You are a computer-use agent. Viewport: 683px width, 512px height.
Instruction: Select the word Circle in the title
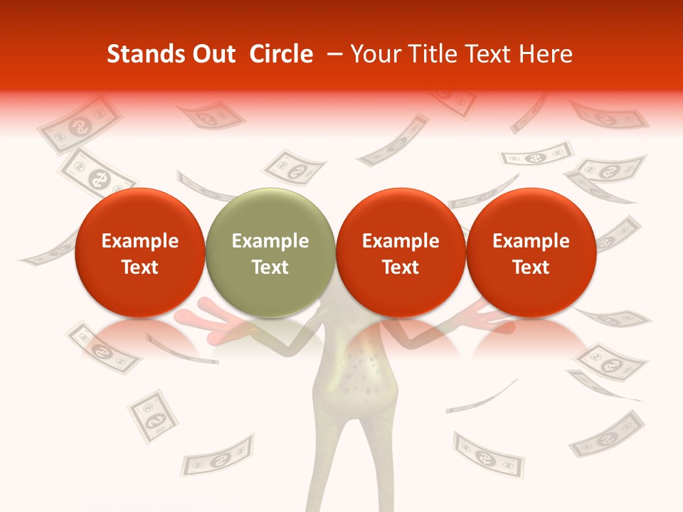(x=281, y=54)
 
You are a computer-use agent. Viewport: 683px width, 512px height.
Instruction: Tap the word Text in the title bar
(x=490, y=54)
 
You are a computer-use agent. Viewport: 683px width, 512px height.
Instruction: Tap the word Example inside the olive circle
(x=270, y=241)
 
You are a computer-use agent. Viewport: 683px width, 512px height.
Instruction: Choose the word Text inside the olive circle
(x=270, y=267)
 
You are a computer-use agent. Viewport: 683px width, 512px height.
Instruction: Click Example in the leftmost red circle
(x=139, y=241)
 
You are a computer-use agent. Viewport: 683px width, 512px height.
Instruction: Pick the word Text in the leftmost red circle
(x=139, y=267)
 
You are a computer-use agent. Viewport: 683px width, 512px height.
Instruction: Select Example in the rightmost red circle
(x=531, y=241)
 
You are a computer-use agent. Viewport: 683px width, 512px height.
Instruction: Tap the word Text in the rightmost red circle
(x=531, y=267)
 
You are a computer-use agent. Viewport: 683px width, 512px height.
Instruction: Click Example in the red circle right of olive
(x=401, y=241)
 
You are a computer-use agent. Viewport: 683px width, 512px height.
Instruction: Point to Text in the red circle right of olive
(x=401, y=267)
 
